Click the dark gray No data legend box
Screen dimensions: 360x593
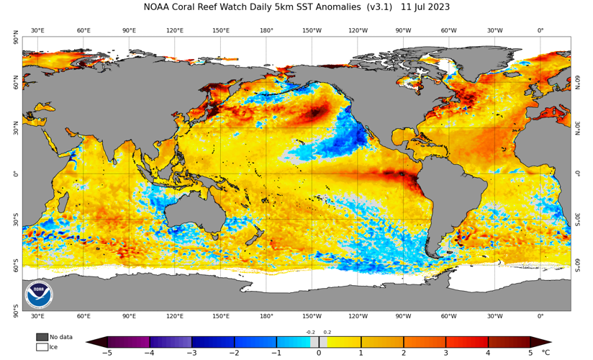pos(42,337)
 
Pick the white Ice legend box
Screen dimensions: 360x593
pos(42,347)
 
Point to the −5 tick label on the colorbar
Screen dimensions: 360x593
pos(107,353)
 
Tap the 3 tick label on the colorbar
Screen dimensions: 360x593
pos(445,353)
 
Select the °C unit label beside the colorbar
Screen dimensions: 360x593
pos(566,353)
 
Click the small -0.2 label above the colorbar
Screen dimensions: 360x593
pos(310,332)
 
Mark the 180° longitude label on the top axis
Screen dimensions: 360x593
pos(266,30)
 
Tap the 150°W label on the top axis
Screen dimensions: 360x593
pos(312,30)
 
